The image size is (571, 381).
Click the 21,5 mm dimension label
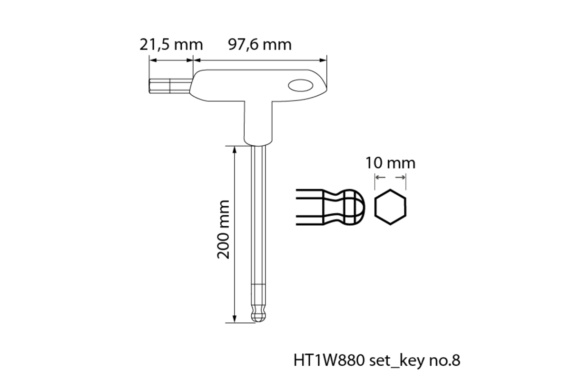click(171, 45)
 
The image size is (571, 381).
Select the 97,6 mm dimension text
click(260, 45)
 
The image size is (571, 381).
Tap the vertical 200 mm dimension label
click(224, 230)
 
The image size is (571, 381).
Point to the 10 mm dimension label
click(390, 163)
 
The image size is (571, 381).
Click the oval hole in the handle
click(301, 86)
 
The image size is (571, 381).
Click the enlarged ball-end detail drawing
click(330, 207)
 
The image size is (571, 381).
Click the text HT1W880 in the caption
click(329, 361)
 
